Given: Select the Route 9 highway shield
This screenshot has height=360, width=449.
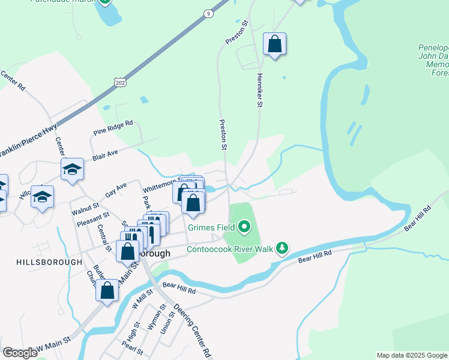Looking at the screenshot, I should coord(208,13).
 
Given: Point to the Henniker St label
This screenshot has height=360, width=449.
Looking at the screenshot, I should coord(260,91).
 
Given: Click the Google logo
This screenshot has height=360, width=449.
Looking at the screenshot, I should coord(20,353).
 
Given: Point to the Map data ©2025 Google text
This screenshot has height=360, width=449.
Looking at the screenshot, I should coord(411,355).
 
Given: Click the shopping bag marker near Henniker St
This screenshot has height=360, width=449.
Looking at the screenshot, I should coord(274,44).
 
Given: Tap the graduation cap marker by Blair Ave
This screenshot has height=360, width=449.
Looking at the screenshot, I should coord(72,170).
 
